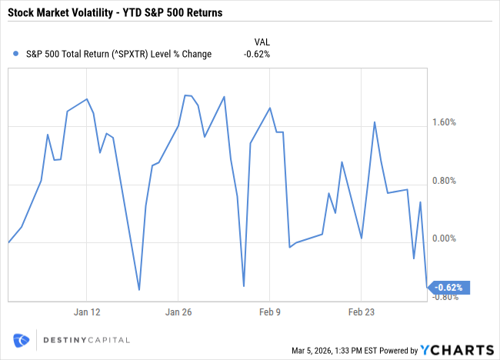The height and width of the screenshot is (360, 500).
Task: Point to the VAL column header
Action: tap(262, 41)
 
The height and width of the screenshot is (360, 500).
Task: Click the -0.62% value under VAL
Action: tap(257, 54)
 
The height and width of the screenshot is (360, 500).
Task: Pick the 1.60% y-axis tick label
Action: tap(445, 122)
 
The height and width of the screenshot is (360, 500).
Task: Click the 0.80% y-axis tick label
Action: tap(445, 182)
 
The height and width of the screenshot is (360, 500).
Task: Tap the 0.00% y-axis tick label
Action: tap(445, 239)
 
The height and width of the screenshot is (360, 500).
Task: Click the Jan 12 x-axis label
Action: tap(87, 312)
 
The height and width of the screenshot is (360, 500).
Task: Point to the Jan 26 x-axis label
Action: tap(178, 312)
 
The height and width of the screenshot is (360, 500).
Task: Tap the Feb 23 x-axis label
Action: tap(362, 312)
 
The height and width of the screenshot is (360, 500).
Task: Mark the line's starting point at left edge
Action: tap(8, 242)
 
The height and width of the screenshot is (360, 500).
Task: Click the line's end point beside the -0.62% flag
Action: tap(427, 287)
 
